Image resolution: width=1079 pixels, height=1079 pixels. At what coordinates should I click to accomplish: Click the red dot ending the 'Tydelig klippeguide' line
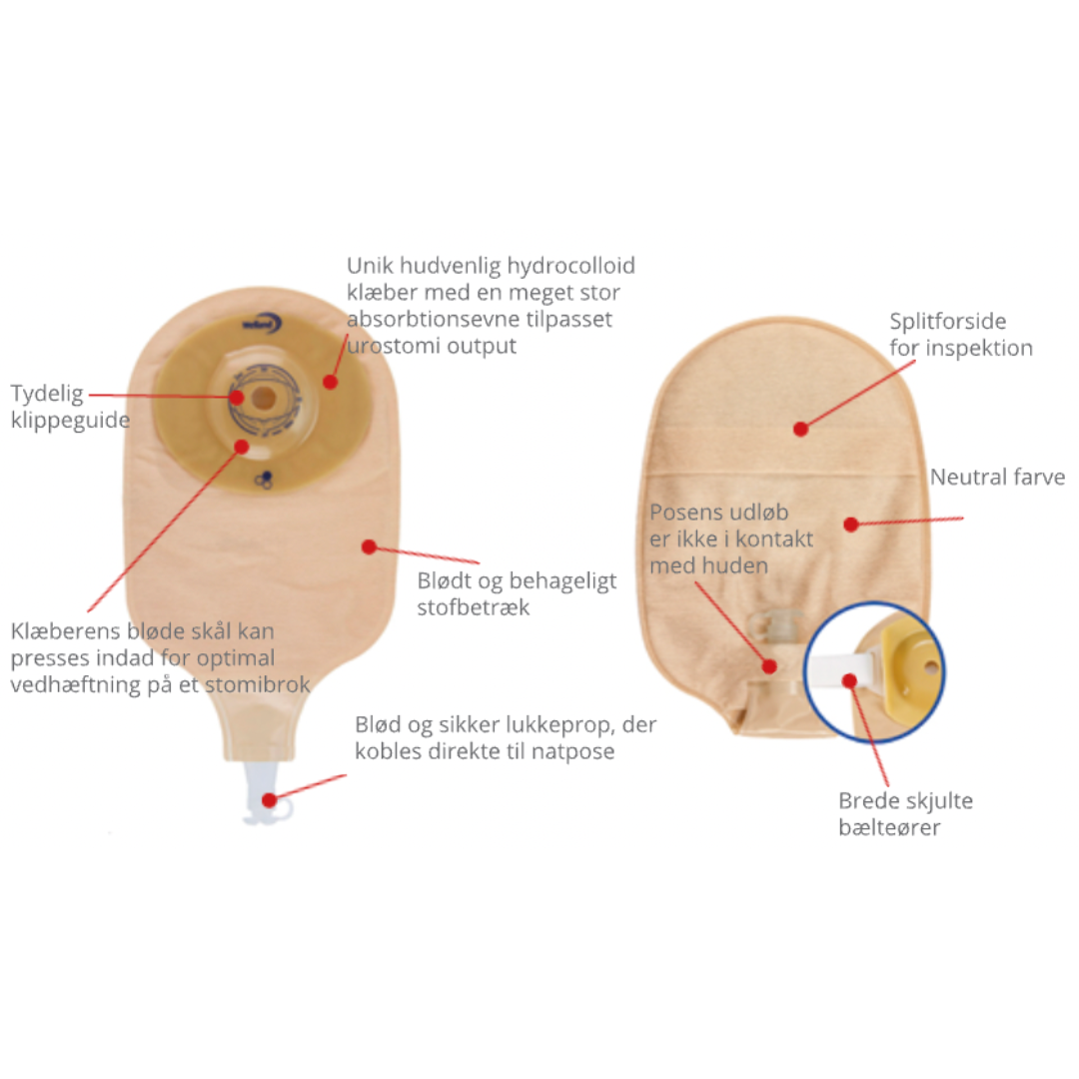[x=237, y=397]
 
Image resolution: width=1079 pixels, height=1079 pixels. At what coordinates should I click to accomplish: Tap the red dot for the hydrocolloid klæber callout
[x=331, y=382]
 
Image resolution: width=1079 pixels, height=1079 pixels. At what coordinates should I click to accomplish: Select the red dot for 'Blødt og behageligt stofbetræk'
[x=369, y=547]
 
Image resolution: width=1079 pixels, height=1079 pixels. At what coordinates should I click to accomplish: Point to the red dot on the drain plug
[x=269, y=800]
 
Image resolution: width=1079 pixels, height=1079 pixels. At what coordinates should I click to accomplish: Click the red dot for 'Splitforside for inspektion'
[x=800, y=430]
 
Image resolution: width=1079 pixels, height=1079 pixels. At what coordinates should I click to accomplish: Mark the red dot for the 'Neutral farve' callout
[x=851, y=525]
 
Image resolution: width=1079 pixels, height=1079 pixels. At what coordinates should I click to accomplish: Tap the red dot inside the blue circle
[x=849, y=680]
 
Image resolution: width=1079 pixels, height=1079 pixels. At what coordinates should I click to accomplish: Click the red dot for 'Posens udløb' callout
[x=769, y=666]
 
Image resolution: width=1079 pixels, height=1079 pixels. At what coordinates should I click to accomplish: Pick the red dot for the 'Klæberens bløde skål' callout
[x=241, y=448]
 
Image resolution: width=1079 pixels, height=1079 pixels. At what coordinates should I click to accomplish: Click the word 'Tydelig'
[x=47, y=395]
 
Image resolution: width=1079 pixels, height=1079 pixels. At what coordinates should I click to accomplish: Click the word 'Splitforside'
[x=947, y=322]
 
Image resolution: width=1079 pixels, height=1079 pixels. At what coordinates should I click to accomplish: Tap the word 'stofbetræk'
[x=474, y=607]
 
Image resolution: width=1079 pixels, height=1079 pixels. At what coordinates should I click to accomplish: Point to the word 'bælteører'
[x=889, y=827]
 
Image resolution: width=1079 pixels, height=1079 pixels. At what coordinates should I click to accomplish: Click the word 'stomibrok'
[x=258, y=684]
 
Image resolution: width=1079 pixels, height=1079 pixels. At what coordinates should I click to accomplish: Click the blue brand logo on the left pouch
[x=262, y=324]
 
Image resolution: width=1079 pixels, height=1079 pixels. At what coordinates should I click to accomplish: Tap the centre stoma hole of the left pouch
[x=262, y=397]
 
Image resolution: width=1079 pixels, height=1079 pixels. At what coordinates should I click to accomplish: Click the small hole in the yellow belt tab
[x=931, y=666]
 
